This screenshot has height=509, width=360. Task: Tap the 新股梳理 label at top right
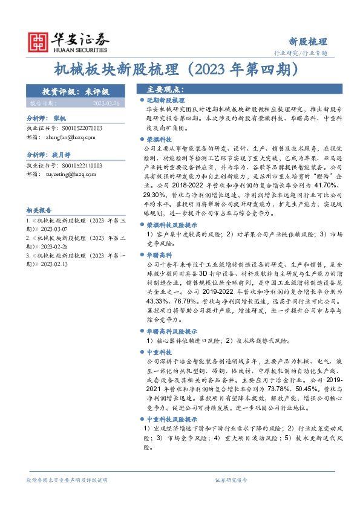307,42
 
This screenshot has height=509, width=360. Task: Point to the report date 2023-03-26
106,103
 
